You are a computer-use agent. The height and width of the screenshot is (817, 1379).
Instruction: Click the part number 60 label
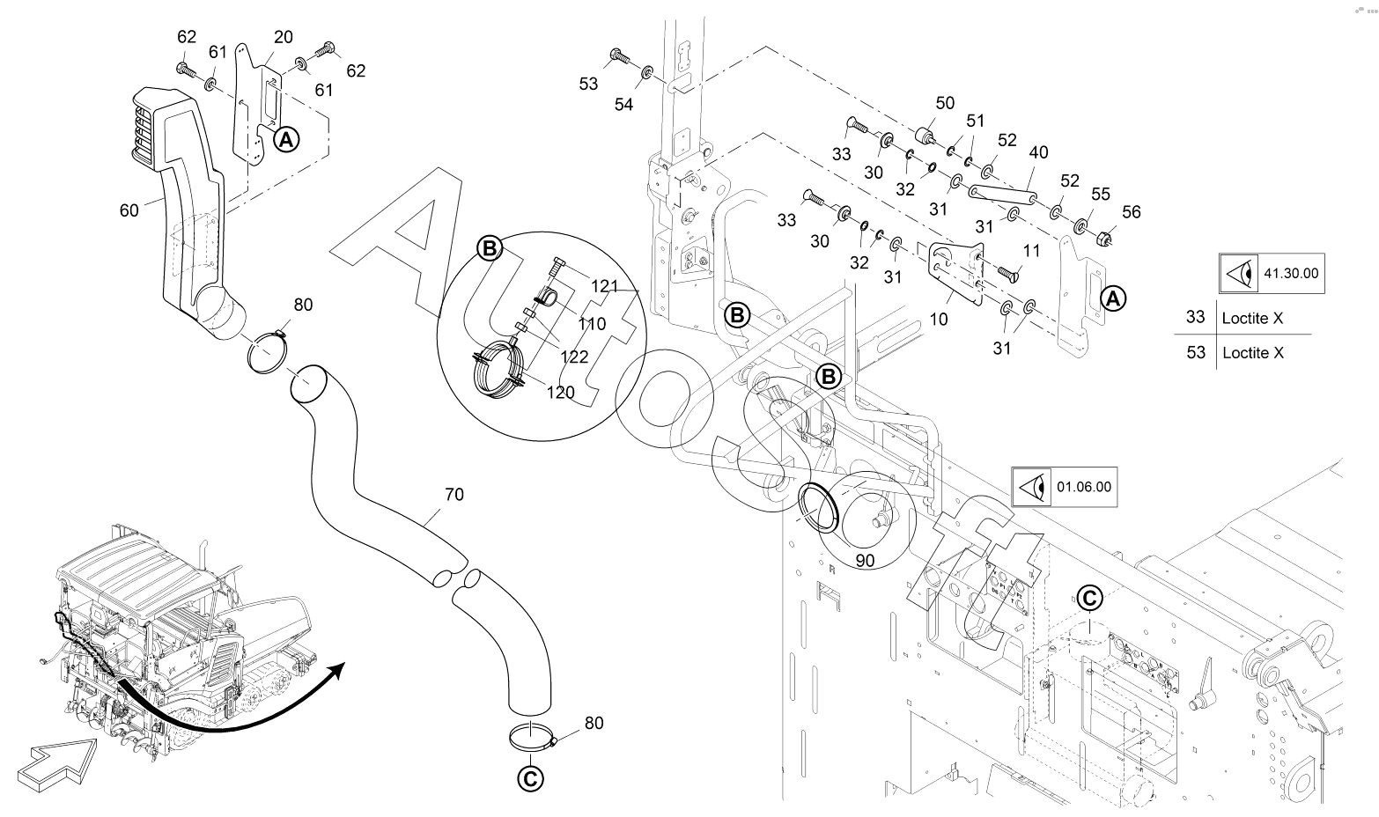pyautogui.click(x=129, y=210)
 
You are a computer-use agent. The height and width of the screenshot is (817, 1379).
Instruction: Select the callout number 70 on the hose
pyautogui.click(x=454, y=495)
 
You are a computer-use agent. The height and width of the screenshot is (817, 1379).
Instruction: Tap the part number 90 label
pyautogui.click(x=865, y=560)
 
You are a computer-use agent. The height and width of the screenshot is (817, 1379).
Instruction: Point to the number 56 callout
pyautogui.click(x=1131, y=211)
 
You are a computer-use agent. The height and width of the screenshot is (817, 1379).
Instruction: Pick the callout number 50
pyautogui.click(x=945, y=104)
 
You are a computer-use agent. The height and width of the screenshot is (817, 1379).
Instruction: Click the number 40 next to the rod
pyautogui.click(x=1038, y=152)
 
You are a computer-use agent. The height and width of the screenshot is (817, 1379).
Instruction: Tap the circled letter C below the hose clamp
pyautogui.click(x=529, y=778)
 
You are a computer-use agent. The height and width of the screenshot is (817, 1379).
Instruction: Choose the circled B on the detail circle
pyautogui.click(x=489, y=249)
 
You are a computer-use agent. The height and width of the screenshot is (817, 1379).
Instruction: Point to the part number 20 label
pyautogui.click(x=284, y=37)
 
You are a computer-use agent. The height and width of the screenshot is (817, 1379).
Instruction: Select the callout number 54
pyautogui.click(x=623, y=105)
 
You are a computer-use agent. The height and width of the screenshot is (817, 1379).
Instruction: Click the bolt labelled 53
pyautogui.click(x=617, y=56)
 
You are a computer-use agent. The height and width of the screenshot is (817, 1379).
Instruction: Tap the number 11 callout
pyautogui.click(x=1031, y=250)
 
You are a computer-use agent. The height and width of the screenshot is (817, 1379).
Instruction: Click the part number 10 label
pyautogui.click(x=939, y=319)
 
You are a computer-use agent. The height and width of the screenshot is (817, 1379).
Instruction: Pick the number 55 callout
pyautogui.click(x=1101, y=193)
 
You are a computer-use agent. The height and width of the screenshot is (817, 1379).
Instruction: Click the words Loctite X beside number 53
pyautogui.click(x=1252, y=352)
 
